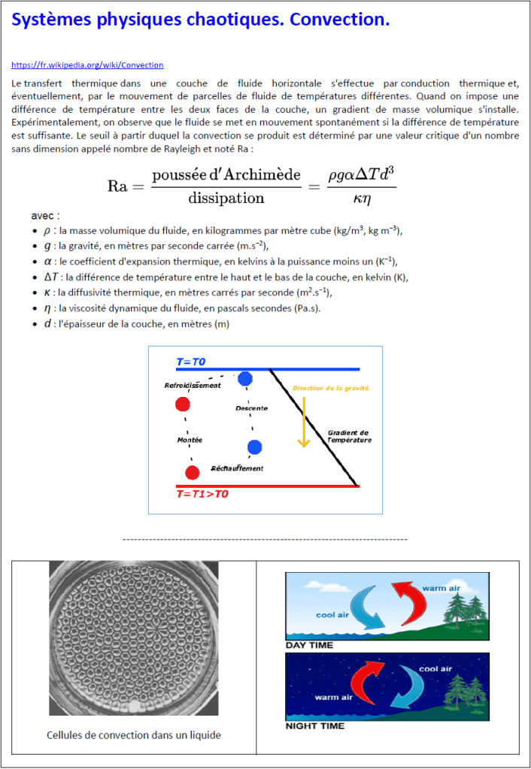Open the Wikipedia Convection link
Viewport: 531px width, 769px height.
point(87,65)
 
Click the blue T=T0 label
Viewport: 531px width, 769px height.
point(191,362)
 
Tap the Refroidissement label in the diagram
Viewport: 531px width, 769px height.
point(193,386)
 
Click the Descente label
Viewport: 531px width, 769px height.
point(251,408)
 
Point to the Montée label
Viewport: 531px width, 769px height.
point(190,439)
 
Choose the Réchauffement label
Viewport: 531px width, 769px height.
point(237,468)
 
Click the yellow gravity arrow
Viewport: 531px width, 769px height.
point(303,421)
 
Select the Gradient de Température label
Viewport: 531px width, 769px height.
point(348,436)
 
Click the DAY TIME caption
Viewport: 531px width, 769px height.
point(309,645)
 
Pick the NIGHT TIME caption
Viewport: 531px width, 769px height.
point(315,726)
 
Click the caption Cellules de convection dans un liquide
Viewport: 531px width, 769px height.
point(134,735)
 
